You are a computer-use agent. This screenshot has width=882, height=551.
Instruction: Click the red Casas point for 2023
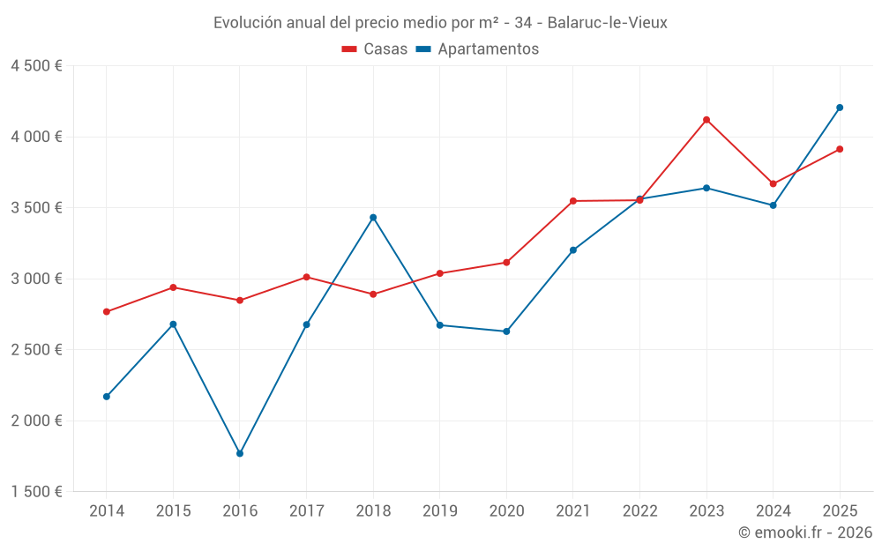(706, 120)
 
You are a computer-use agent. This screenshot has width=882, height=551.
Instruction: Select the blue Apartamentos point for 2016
(240, 453)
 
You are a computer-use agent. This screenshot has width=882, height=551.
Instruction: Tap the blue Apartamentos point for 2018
(373, 218)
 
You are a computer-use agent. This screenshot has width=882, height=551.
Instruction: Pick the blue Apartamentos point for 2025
(840, 108)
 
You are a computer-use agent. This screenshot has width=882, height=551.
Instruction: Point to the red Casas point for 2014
(107, 312)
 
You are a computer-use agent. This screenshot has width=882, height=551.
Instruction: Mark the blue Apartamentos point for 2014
(107, 397)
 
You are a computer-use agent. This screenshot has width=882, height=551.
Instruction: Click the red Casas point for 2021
(573, 201)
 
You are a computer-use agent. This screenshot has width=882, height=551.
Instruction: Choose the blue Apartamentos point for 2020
(506, 331)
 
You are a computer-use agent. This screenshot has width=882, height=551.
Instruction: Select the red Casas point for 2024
(774, 184)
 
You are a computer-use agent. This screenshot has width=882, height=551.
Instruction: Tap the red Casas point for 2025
(840, 149)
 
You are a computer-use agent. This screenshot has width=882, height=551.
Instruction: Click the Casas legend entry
(375, 49)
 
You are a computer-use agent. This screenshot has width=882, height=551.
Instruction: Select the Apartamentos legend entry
(477, 49)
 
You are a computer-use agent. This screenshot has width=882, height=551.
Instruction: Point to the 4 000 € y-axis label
(36, 137)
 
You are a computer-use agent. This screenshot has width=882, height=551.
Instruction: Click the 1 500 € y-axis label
(36, 492)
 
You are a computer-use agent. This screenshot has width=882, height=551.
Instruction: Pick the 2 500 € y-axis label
(36, 350)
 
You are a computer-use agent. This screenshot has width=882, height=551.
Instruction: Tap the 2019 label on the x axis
(440, 511)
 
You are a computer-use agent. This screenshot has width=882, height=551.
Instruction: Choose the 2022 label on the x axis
(639, 511)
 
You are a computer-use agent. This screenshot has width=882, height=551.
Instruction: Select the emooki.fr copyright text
(805, 532)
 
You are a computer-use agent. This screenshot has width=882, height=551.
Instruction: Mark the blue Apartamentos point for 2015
(173, 324)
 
